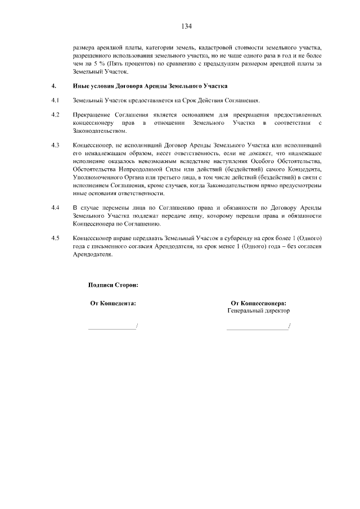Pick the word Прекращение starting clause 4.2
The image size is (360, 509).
click(93, 115)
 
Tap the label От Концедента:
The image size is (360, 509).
click(113, 303)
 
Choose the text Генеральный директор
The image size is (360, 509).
click(259, 310)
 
